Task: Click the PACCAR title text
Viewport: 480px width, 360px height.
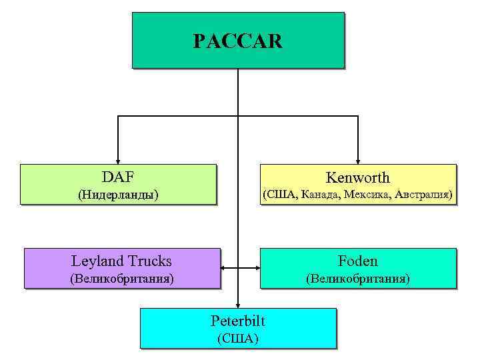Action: pos(238,41)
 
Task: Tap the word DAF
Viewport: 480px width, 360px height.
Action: pos(118,177)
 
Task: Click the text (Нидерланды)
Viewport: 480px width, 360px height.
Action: pos(118,195)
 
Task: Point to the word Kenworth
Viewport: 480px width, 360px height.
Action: pos(358,177)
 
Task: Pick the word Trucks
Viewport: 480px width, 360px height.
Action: pos(149,261)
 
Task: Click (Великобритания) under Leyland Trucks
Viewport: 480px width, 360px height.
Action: pos(122,278)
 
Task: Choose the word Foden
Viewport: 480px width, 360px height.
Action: pos(358,261)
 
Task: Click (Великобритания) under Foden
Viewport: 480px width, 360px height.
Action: pos(358,278)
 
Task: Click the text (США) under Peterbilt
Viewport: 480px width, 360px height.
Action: pos(238,338)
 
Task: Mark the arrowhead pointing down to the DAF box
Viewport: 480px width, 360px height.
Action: pos(118,160)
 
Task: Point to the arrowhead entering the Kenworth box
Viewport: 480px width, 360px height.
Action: pos(358,160)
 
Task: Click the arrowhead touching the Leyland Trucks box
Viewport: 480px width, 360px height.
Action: pos(224,268)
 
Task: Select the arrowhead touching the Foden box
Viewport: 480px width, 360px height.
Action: pos(255,268)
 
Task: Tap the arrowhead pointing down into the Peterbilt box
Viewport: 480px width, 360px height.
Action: pos(238,305)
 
